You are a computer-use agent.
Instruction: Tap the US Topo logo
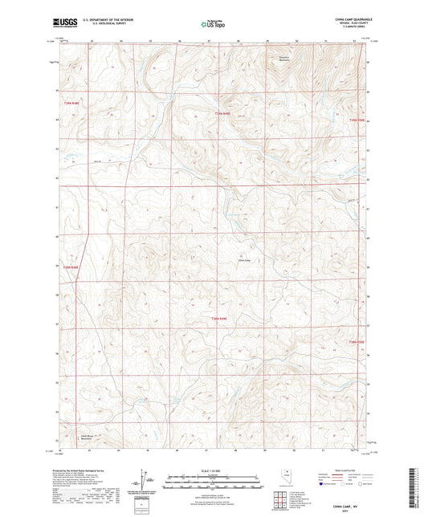(x=213, y=25)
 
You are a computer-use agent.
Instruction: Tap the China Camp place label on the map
(x=246, y=259)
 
